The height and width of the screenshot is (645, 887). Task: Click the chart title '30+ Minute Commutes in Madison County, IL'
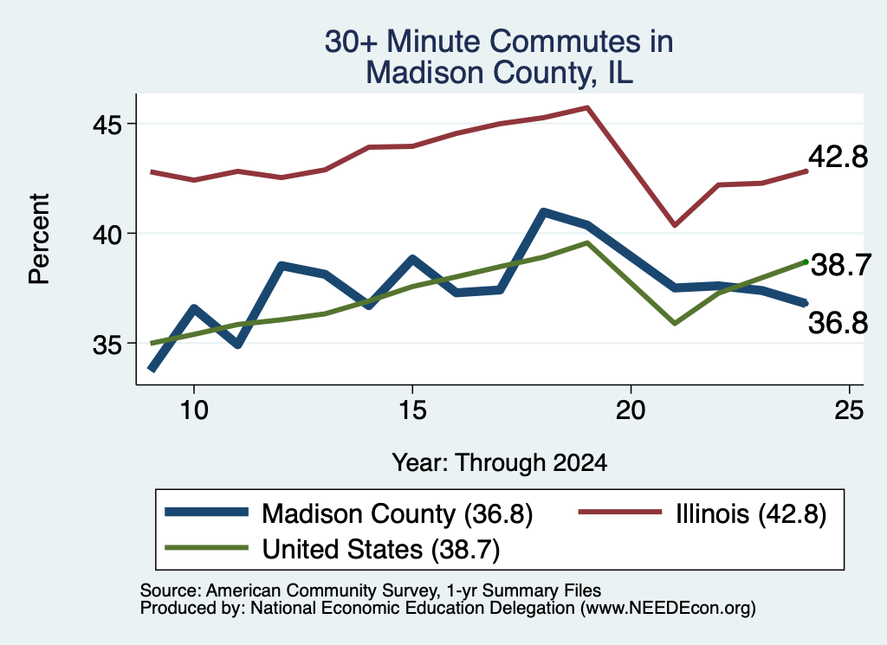[x=499, y=57]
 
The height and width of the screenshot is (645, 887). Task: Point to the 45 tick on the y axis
[x=107, y=125]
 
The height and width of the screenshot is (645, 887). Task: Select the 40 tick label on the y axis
[x=107, y=234]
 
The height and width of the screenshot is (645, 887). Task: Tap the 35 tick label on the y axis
[x=107, y=344]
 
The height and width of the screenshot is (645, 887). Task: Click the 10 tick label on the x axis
[x=194, y=410]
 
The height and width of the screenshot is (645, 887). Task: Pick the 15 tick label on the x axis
[x=412, y=410]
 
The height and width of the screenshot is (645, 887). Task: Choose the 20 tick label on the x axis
[x=631, y=410]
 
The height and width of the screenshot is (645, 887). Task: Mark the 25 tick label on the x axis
[x=849, y=410]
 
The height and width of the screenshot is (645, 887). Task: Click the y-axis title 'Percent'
[x=39, y=239]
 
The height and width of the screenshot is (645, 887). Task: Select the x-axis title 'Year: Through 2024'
[x=500, y=462]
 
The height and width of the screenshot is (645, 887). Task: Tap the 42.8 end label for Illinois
[x=838, y=157]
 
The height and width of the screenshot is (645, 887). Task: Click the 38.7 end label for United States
[x=841, y=265]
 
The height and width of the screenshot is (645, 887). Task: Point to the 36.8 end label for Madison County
[x=838, y=323]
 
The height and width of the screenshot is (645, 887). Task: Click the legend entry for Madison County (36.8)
[x=349, y=514]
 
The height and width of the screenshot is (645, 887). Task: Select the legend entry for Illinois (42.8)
[x=702, y=514]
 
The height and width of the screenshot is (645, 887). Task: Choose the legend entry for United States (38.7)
[x=333, y=549]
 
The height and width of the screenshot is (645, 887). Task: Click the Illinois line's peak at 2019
[x=588, y=107]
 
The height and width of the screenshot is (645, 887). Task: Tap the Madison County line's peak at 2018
[x=544, y=213]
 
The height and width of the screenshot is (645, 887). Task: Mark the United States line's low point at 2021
[x=674, y=323]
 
